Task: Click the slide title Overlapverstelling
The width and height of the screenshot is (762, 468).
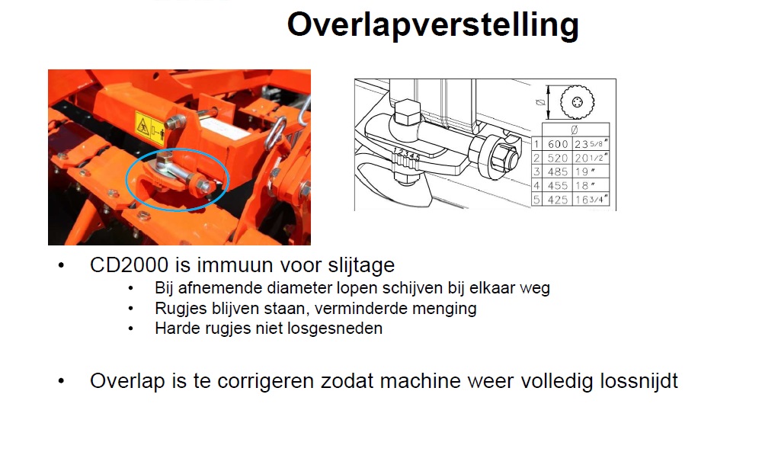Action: pyautogui.click(x=433, y=25)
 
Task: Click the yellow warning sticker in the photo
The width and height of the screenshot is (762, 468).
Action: pyautogui.click(x=149, y=130)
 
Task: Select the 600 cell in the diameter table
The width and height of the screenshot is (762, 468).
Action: pyautogui.click(x=558, y=144)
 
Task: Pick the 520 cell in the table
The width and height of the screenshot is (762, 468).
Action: pyautogui.click(x=558, y=158)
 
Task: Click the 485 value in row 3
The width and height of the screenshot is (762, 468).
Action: pyautogui.click(x=558, y=171)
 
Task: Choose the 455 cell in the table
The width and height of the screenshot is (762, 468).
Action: pyautogui.click(x=558, y=186)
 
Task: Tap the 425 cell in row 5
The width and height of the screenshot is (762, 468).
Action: pyautogui.click(x=558, y=200)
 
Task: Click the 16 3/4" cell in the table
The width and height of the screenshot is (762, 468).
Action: pyautogui.click(x=591, y=200)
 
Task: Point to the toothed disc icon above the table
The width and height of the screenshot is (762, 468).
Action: pyautogui.click(x=578, y=102)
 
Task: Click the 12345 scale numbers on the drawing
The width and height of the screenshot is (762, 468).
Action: pyautogui.click(x=406, y=153)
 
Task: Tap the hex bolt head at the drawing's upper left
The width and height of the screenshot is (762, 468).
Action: pyautogui.click(x=407, y=112)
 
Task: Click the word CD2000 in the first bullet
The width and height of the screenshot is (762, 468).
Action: pyautogui.click(x=130, y=265)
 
